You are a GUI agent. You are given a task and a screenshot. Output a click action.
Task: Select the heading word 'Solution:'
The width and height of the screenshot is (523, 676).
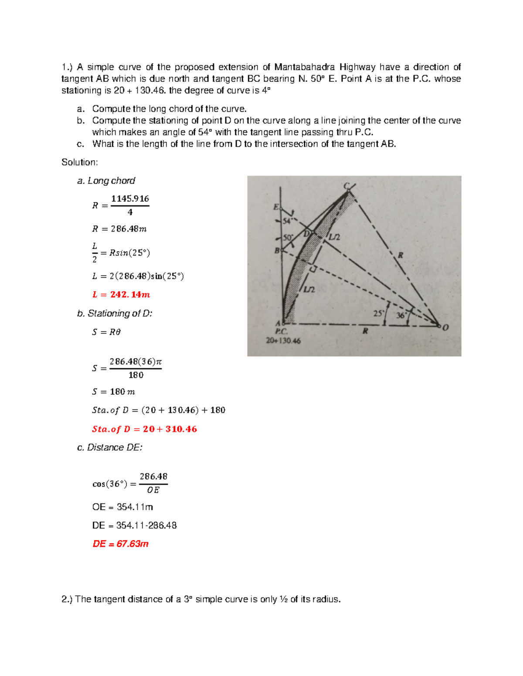pyautogui.click(x=80, y=162)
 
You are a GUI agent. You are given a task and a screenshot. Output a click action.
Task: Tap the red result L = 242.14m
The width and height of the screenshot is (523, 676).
pyautogui.click(x=121, y=295)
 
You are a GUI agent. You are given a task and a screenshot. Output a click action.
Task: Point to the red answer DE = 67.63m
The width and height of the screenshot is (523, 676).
pyautogui.click(x=120, y=544)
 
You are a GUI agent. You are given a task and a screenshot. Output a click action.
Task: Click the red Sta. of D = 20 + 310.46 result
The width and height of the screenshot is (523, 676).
pyautogui.click(x=144, y=429)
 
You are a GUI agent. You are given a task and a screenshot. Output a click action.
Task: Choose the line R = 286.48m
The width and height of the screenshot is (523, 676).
pyautogui.click(x=119, y=229)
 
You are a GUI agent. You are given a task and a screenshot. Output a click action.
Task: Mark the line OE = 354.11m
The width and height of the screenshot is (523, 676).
pyautogui.click(x=122, y=507)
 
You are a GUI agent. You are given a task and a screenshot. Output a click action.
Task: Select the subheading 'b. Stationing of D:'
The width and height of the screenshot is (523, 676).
pyautogui.click(x=115, y=313)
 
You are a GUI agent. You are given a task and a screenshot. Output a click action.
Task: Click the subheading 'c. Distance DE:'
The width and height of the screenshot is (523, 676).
pyautogui.click(x=110, y=447)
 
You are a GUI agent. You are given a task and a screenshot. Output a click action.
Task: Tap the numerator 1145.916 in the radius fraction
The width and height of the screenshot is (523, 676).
pyautogui.click(x=130, y=199)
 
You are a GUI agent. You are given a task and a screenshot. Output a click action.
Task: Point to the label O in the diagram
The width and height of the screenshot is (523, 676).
pyautogui.click(x=445, y=327)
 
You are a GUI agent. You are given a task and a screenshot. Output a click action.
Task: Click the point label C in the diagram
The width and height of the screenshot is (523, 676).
pyautogui.click(x=346, y=186)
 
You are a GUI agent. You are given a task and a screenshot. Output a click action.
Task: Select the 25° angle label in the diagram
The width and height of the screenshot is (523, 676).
pyautogui.click(x=378, y=313)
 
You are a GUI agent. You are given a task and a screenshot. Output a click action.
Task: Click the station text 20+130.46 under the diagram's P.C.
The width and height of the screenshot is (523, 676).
pyautogui.click(x=283, y=341)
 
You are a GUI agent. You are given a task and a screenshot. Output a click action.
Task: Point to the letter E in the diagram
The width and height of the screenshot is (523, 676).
pyautogui.click(x=276, y=207)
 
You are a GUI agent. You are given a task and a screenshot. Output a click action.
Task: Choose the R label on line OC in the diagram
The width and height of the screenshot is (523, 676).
pyautogui.click(x=400, y=256)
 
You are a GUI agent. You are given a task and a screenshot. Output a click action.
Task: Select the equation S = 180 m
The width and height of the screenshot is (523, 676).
pyautogui.click(x=113, y=392)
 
